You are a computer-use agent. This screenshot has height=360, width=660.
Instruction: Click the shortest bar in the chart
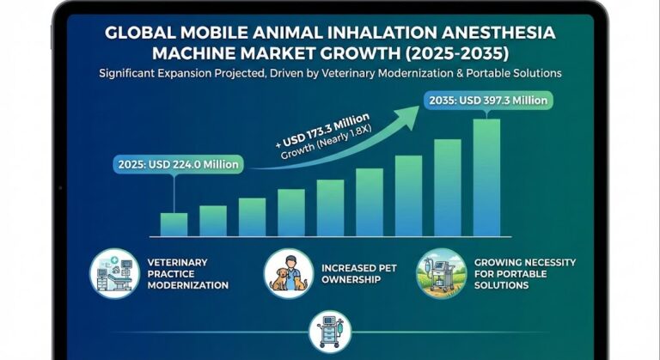tap(174, 224)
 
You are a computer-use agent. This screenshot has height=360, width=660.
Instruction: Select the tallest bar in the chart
tap(486, 177)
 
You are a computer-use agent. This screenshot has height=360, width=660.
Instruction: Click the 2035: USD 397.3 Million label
tap(485, 101)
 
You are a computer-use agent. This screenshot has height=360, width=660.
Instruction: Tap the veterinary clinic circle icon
tap(114, 273)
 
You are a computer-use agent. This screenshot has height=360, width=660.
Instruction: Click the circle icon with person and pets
tap(288, 273)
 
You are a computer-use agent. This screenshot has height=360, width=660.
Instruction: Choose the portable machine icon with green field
tap(441, 273)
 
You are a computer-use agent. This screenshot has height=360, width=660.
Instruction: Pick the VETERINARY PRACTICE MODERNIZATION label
tap(187, 273)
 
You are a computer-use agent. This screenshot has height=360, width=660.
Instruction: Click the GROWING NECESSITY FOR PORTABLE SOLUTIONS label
tap(524, 273)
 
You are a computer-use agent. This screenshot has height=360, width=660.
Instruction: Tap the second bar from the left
tap(213, 221)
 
